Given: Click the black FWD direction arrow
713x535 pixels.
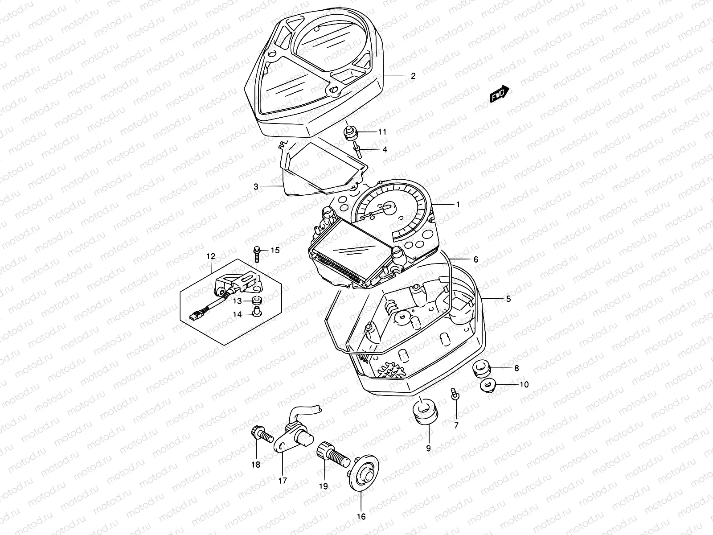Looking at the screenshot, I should pyautogui.click(x=500, y=94).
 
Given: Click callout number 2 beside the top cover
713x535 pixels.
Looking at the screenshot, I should pyautogui.click(x=413, y=76).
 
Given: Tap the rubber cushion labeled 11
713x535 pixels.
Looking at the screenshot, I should pyautogui.click(x=351, y=132).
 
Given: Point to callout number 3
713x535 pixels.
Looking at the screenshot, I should pyautogui.click(x=256, y=187).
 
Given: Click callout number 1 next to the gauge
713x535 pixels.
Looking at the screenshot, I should pyautogui.click(x=457, y=205).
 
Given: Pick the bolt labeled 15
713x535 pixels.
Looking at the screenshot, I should pyautogui.click(x=257, y=253).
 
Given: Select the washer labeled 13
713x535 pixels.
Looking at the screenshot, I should pyautogui.click(x=257, y=300).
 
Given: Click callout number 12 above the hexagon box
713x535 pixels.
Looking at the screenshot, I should pyautogui.click(x=211, y=256).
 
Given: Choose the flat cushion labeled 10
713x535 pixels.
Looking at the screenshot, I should pyautogui.click(x=488, y=384).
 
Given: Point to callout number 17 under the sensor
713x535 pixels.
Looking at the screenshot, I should pyautogui.click(x=283, y=481).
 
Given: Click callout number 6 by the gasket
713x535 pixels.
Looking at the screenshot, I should pyautogui.click(x=475, y=259).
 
